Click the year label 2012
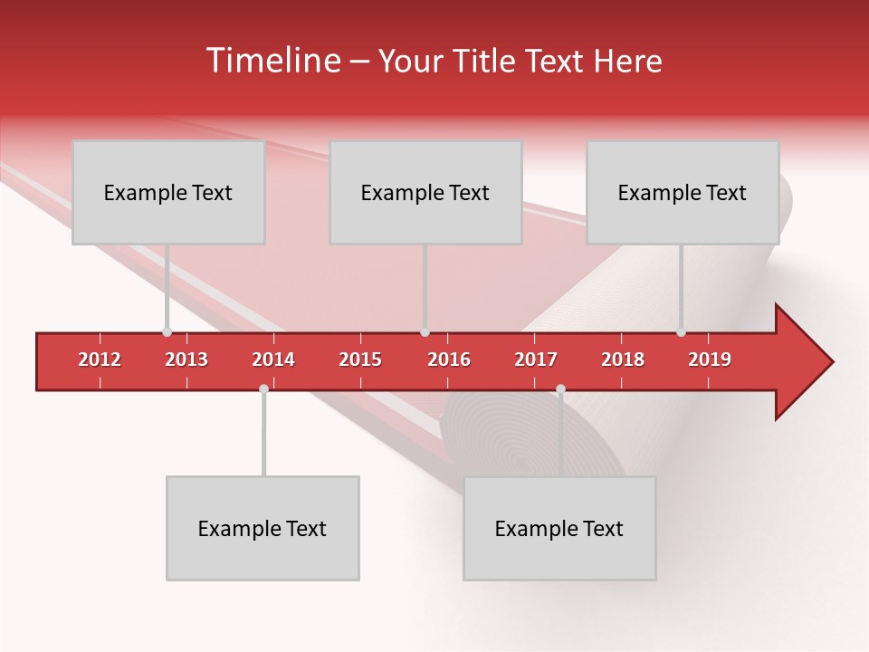(x=100, y=360)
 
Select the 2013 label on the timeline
(x=186, y=360)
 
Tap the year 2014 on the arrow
(x=273, y=360)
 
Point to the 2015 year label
(x=360, y=360)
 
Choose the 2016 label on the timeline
(x=449, y=360)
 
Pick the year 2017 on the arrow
(x=536, y=360)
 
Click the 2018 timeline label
(x=623, y=360)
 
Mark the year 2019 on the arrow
(x=710, y=360)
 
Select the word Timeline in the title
(x=272, y=61)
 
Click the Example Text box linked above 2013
(x=168, y=192)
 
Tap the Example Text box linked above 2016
(x=425, y=192)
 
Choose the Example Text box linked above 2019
(x=683, y=192)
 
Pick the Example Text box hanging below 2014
(x=263, y=528)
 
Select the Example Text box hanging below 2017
(x=559, y=528)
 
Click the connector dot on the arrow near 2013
(x=167, y=332)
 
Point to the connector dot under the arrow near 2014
(x=263, y=388)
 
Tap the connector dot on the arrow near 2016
(x=425, y=332)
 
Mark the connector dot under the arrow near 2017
(x=560, y=388)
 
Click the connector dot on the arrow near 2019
(x=682, y=332)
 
